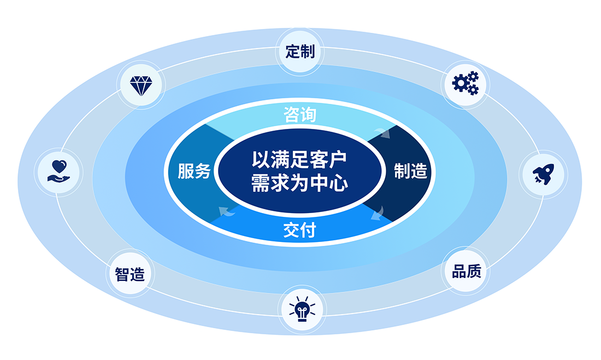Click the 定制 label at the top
300,52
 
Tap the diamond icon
142,85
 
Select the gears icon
466,83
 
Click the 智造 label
130,274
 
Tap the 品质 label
466,270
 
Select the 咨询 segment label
300,115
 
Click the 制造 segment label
410,171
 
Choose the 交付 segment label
299,231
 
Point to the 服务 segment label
194,171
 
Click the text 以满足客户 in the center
299,160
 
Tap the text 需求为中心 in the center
299,182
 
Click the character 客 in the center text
320,160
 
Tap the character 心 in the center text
339,182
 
